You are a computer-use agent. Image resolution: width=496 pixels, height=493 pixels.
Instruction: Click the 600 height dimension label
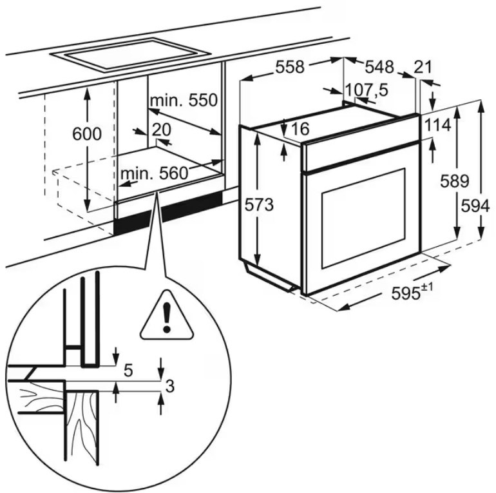click(x=87, y=135)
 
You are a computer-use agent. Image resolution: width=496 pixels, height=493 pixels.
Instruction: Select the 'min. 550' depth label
click(x=184, y=101)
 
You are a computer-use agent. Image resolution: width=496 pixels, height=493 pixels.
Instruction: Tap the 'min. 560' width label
click(x=153, y=173)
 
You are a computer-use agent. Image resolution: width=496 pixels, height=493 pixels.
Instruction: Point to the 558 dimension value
click(x=290, y=66)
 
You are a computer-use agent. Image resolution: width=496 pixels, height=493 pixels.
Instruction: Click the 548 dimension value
click(x=379, y=66)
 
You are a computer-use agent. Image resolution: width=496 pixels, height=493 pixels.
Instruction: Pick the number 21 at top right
click(x=423, y=66)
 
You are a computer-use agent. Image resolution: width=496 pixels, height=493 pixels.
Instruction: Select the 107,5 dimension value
click(x=367, y=90)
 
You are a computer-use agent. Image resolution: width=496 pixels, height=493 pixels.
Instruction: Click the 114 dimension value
click(x=437, y=126)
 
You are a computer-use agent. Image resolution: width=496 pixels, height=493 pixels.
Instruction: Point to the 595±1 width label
click(x=412, y=293)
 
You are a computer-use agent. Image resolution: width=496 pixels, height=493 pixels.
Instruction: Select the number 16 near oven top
click(x=300, y=129)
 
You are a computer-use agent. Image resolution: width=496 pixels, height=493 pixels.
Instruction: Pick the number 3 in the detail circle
click(x=170, y=387)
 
